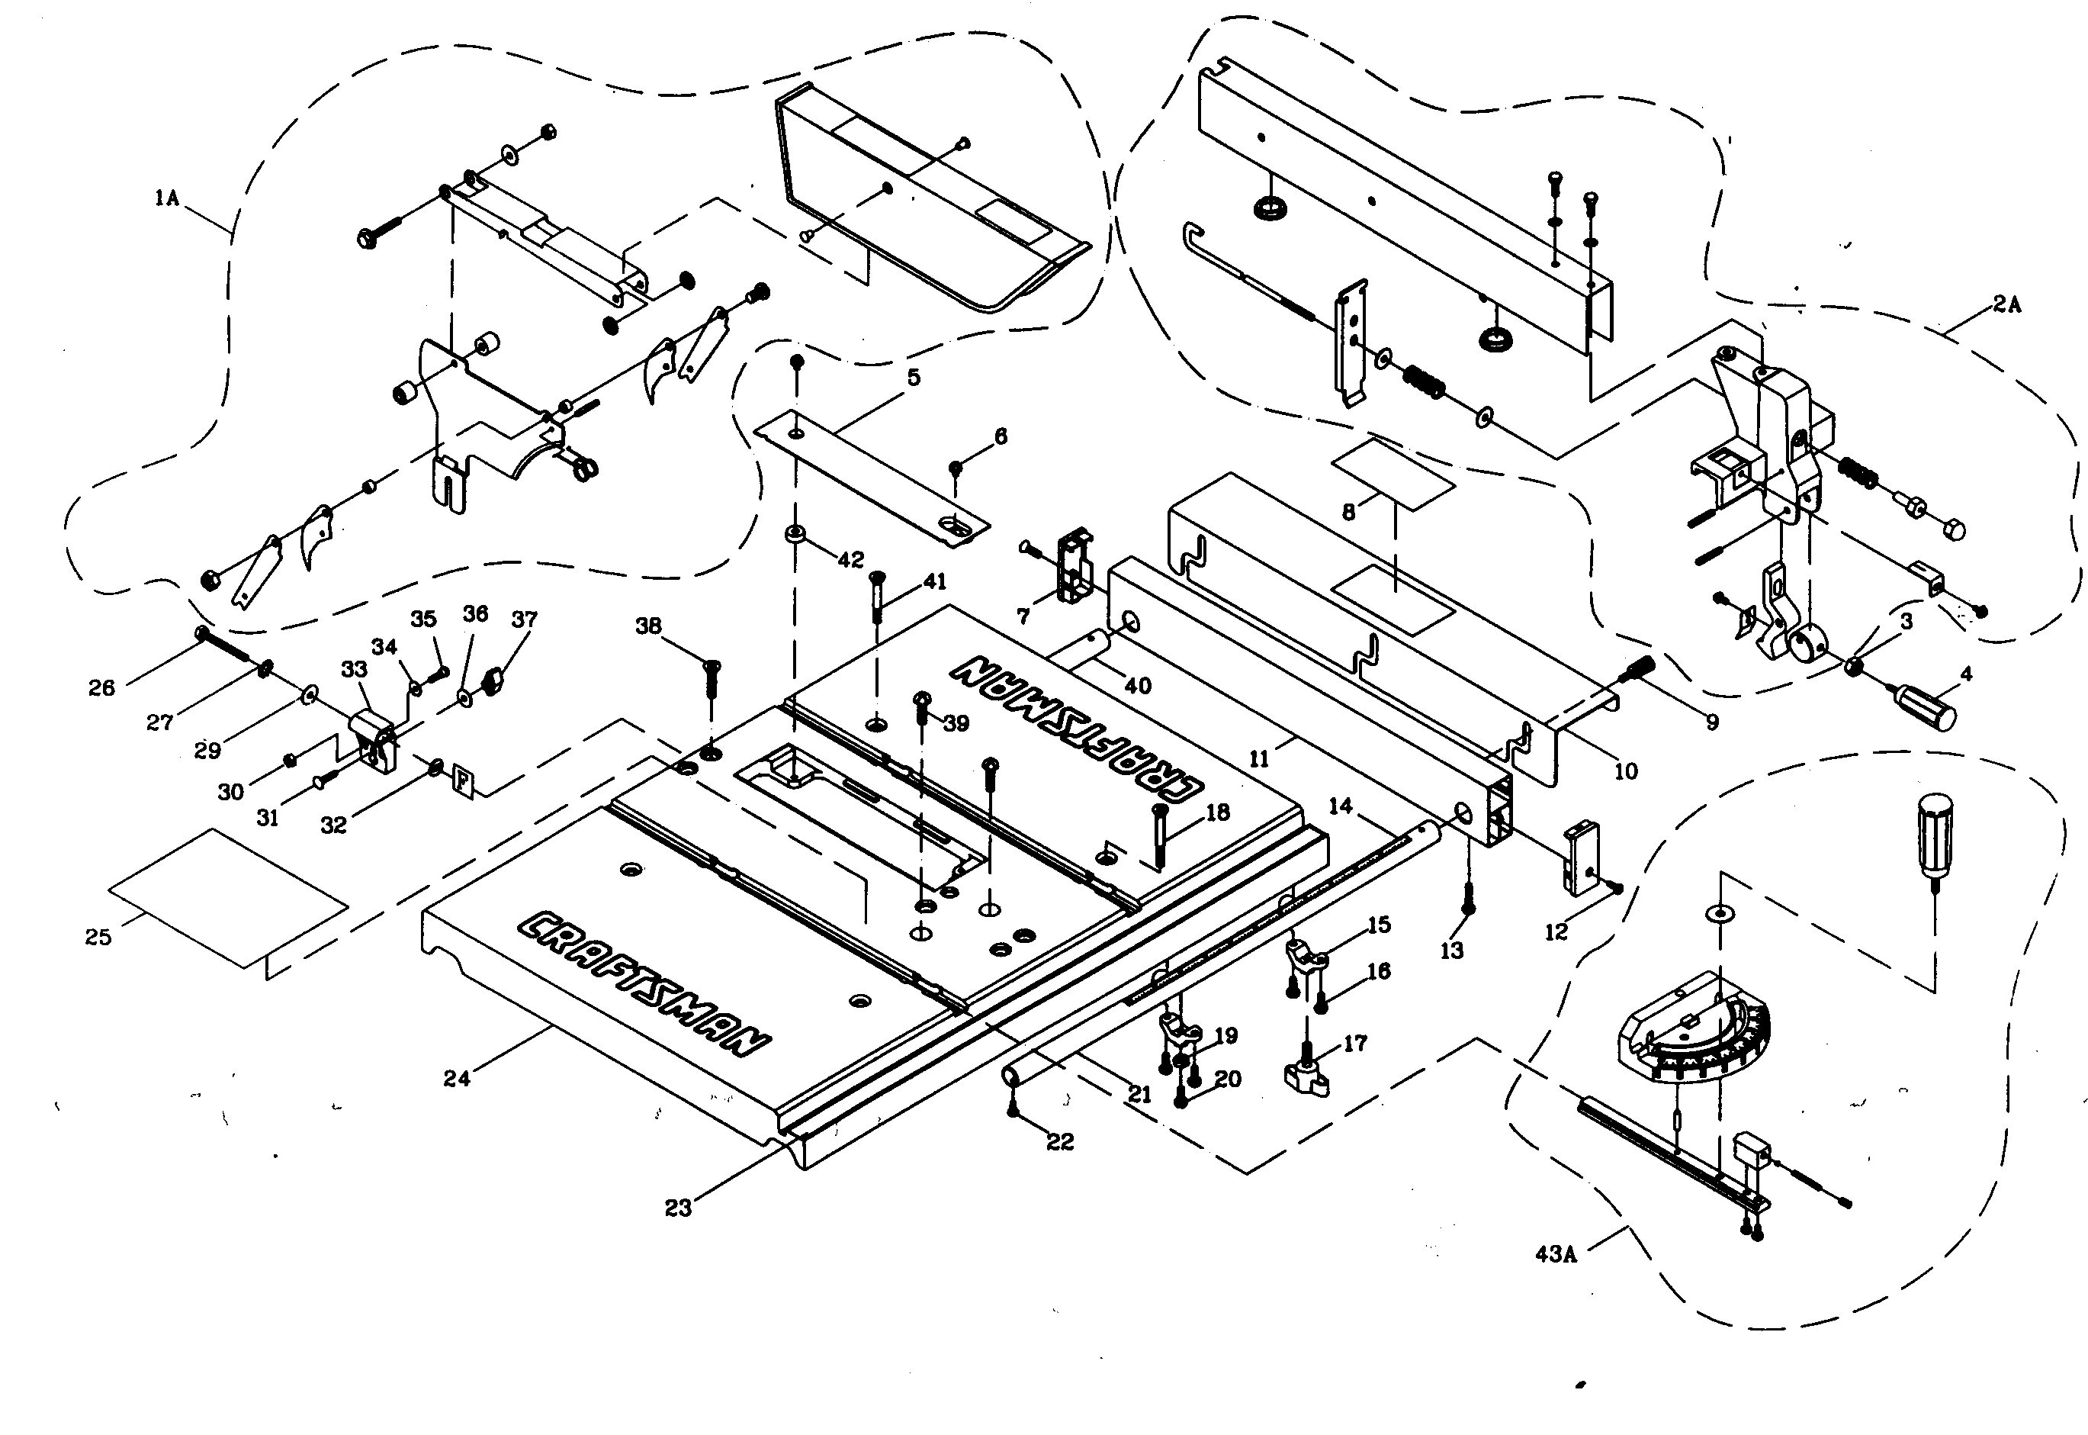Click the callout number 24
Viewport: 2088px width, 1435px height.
pos(457,1079)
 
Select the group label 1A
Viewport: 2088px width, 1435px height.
pos(167,198)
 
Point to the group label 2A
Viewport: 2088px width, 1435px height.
pos(2006,305)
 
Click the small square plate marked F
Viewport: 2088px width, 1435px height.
pos(462,779)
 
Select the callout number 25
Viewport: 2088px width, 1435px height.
pos(98,937)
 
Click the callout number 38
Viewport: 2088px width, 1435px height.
pos(648,626)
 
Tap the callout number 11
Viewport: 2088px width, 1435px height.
pos(1259,759)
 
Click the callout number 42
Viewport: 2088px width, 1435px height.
pos(850,559)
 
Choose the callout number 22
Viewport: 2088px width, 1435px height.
pos(1061,1142)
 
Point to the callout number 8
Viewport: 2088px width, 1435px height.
pos(1348,513)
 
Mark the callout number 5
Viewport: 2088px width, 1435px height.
pos(914,377)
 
